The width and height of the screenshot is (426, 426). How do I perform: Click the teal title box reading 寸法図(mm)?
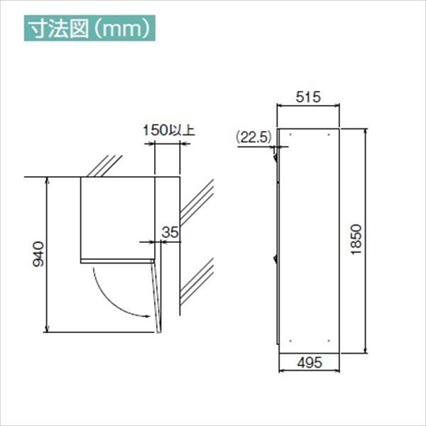pos(89,29)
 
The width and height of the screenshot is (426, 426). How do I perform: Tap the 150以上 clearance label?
pos(168,130)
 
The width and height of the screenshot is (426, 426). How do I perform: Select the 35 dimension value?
pos(169,231)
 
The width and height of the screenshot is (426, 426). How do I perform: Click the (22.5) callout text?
pos(251,137)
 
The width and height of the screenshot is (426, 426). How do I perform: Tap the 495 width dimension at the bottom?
pos(309,362)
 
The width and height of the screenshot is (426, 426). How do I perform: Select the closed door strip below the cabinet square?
pos(117,261)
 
